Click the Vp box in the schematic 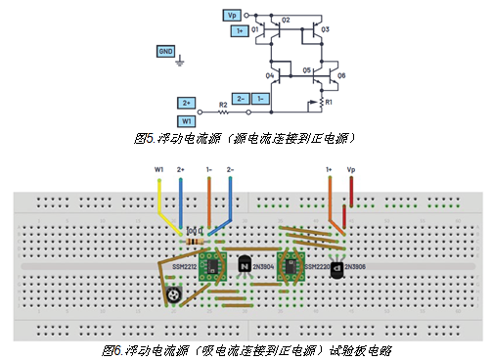[x=232, y=17]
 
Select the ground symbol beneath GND [x=179, y=65]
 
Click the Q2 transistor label [x=287, y=21]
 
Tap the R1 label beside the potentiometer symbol [x=330, y=103]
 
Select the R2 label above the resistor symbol [x=223, y=103]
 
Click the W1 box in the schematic [x=187, y=120]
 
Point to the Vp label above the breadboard [x=351, y=170]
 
